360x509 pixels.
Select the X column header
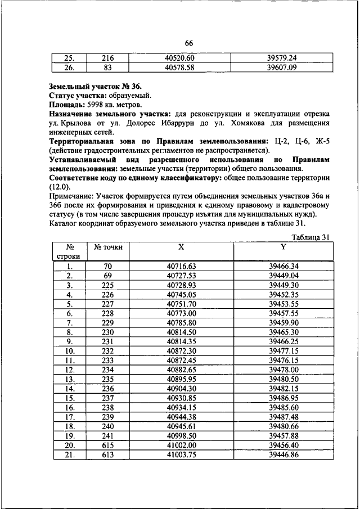[x=181, y=247]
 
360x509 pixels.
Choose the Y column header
[x=283, y=247]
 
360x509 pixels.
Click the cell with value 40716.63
[x=181, y=267]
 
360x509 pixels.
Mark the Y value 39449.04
[x=283, y=276]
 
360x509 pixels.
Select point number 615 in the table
[x=108, y=444]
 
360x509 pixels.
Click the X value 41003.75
[x=181, y=454]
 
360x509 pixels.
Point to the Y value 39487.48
[x=283, y=416]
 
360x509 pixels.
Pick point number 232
[x=108, y=351]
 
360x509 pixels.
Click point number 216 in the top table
[x=108, y=58]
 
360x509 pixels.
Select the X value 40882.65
[x=181, y=370]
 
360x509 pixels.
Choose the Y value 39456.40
[x=283, y=444]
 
